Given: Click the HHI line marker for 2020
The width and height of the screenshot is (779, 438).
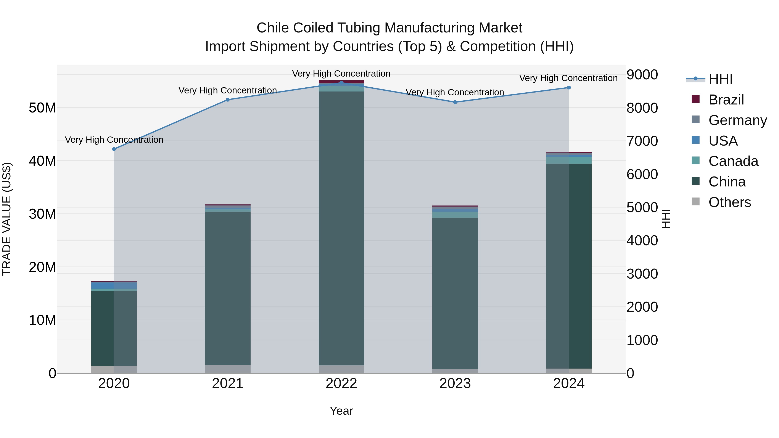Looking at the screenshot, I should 114,149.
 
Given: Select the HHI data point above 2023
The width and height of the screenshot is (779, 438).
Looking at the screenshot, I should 455,102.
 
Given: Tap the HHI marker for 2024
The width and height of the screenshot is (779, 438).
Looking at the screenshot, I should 569,88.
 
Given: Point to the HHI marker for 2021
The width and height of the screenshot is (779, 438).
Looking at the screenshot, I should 228,100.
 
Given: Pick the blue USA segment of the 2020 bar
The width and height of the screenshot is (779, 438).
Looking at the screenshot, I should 103,285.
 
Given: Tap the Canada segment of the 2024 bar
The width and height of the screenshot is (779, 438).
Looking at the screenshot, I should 569,160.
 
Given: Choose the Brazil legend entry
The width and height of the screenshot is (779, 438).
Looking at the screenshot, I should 726,100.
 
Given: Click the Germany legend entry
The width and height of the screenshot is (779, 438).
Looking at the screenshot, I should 737,120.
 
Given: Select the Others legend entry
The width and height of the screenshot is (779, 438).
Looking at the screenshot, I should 729,202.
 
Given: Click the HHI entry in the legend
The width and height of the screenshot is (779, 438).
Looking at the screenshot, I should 720,79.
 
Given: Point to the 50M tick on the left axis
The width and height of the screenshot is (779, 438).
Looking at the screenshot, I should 42,108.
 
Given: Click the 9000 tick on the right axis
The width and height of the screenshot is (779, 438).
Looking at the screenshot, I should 642,75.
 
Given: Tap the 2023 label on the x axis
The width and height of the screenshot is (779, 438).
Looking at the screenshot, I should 455,383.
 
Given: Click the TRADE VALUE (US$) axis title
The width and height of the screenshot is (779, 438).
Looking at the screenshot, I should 7,219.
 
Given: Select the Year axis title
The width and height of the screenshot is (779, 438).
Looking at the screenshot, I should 341,411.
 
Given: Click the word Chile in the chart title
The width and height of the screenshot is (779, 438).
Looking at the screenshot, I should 273,28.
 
